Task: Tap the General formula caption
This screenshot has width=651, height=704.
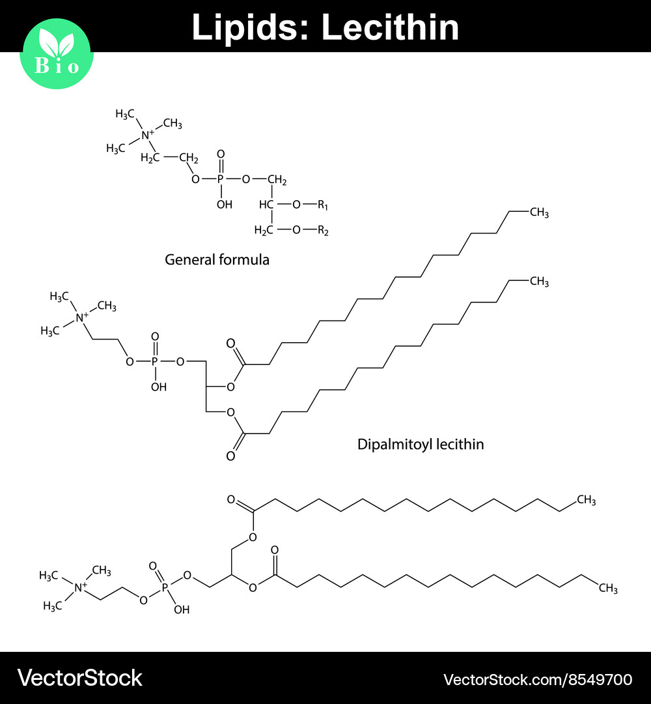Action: tap(217, 259)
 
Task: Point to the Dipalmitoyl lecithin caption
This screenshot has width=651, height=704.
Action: tap(421, 445)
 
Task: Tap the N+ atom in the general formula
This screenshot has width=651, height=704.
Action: tap(148, 135)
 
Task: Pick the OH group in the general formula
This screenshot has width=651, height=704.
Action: tap(224, 205)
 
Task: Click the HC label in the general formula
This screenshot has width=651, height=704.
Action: tap(266, 205)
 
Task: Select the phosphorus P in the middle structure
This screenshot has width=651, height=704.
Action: tap(155, 360)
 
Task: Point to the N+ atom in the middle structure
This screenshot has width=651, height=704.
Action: tap(82, 317)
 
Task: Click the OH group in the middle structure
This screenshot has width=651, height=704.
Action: tap(158, 387)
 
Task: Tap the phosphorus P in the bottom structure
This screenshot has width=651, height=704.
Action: tap(165, 587)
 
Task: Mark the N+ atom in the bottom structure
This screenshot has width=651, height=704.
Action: tap(81, 587)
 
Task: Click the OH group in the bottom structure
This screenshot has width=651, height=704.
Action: tap(182, 610)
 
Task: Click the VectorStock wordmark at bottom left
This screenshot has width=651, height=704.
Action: tap(79, 679)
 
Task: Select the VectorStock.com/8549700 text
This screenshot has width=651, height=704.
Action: tap(537, 680)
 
